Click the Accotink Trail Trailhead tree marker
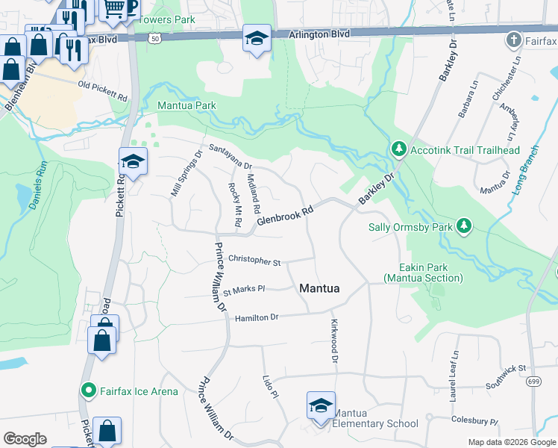(x=399, y=149)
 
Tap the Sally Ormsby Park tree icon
(x=464, y=225)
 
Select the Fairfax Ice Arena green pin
(x=88, y=391)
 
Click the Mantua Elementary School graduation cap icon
(x=321, y=405)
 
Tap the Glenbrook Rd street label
(x=284, y=216)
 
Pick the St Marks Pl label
(x=245, y=289)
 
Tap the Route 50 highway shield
(x=154, y=37)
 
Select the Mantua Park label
(x=186, y=105)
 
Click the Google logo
(x=25, y=439)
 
